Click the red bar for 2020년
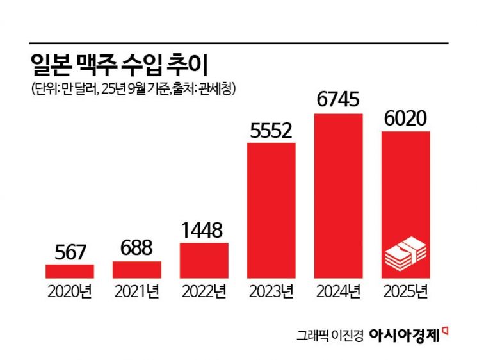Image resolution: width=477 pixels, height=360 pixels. coord(70,271)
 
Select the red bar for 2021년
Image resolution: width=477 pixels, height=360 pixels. coord(137,269)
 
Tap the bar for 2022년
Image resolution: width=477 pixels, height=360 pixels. coord(204,260)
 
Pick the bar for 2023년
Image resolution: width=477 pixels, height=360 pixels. coord(271,210)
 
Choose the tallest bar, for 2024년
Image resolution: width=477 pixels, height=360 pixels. coord(339,195)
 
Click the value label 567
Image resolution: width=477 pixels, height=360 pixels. coord(70,252)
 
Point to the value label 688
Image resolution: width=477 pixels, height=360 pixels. coord(137,249)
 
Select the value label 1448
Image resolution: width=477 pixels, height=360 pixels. coord(204,230)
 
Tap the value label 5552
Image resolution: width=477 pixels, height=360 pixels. coord(271,131)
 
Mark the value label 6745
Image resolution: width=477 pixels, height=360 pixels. coord(339,101)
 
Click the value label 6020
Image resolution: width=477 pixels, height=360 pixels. coord(405,119)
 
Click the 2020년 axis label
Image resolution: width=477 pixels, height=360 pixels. coord(70,292)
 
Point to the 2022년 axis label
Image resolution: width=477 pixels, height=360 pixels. coord(204,292)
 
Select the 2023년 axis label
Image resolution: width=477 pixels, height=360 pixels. coord(271,292)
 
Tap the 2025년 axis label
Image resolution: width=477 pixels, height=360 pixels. coord(405,292)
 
